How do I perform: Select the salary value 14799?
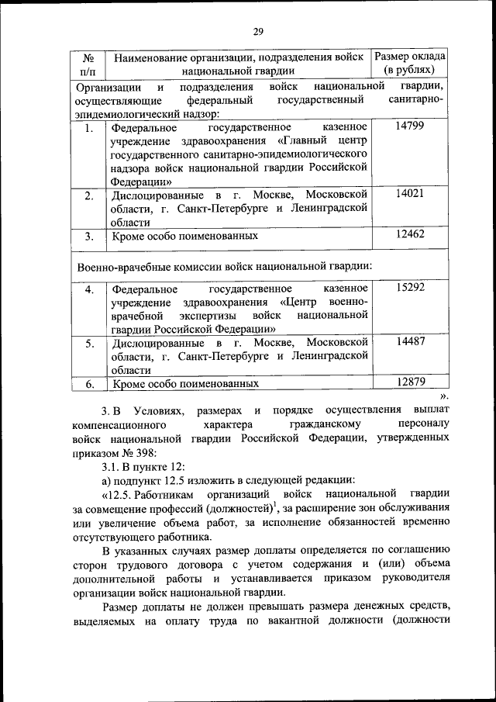pyautogui.click(x=409, y=126)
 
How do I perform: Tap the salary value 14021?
pyautogui.click(x=409, y=194)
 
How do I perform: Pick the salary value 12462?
pyautogui.click(x=409, y=233)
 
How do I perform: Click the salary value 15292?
pyautogui.click(x=409, y=288)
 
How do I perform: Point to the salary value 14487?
pyautogui.click(x=409, y=342)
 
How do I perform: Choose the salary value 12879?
pyautogui.click(x=409, y=382)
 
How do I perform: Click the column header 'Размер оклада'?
pyautogui.click(x=409, y=57)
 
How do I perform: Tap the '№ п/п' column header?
pyautogui.click(x=88, y=64)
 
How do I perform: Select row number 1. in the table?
pyautogui.click(x=90, y=128)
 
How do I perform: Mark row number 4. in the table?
pyautogui.click(x=90, y=289)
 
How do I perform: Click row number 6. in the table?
pyautogui.click(x=90, y=383)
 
